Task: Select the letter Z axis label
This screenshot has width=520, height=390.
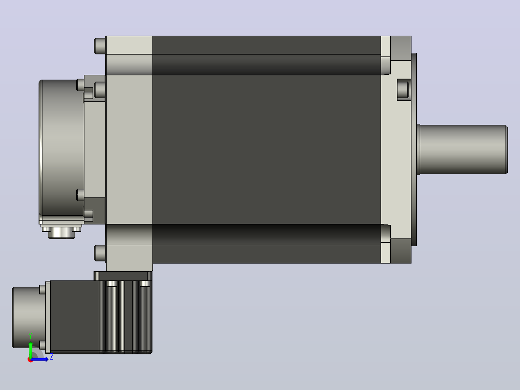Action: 52,357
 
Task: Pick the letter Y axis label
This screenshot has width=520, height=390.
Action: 30,336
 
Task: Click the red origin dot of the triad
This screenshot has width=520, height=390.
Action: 30,360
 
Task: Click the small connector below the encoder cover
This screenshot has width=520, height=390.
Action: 61,232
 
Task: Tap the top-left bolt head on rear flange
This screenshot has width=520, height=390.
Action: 100,46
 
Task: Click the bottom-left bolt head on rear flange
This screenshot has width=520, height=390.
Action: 100,253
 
